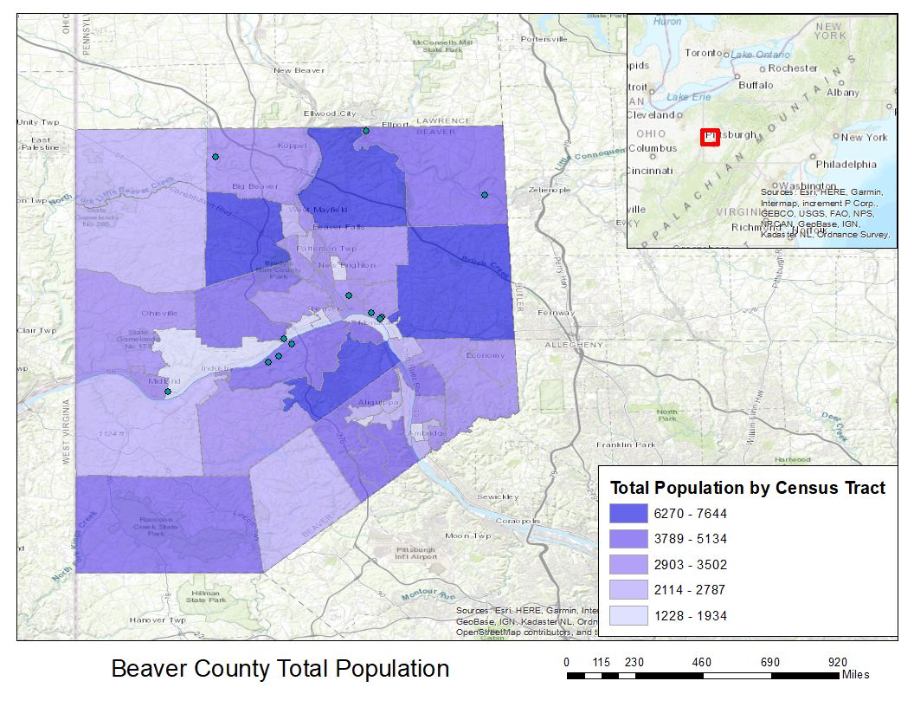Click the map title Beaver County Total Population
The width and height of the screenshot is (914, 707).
tap(280, 669)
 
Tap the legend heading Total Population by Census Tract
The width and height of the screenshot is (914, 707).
tap(748, 488)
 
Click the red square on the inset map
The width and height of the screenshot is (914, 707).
tap(710, 137)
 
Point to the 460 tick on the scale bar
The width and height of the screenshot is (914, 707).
tap(702, 663)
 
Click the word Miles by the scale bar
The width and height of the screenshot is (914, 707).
tap(855, 675)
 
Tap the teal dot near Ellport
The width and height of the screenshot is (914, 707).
tap(366, 131)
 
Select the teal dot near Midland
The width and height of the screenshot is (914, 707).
tap(168, 392)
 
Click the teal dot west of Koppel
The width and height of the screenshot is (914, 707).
tap(215, 157)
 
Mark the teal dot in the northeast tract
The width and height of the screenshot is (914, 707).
tap(485, 194)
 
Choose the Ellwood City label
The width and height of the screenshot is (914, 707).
tap(329, 114)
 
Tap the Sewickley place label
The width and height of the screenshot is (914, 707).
tap(499, 496)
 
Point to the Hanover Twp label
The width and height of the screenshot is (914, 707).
tap(158, 620)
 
